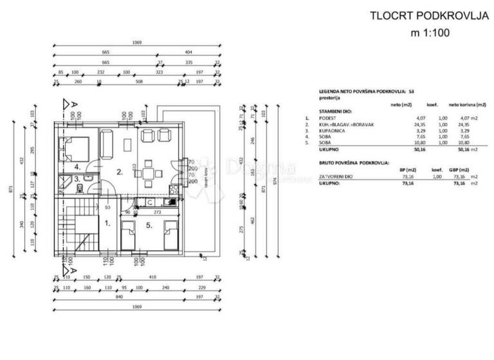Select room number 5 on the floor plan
click(147, 225)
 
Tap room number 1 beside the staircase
click(107, 224)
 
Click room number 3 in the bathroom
click(76, 179)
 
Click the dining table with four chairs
click(151, 172)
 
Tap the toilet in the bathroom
click(77, 188)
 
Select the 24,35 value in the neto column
click(404, 124)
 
